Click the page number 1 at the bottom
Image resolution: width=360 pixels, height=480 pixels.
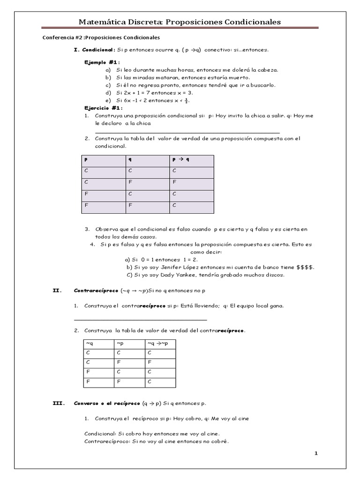(316, 453)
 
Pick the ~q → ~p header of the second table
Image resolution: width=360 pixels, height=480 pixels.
(157, 344)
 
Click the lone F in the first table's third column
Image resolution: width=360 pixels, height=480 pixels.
(174, 182)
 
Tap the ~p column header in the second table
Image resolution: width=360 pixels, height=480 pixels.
(120, 344)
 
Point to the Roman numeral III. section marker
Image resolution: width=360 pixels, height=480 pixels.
(58, 403)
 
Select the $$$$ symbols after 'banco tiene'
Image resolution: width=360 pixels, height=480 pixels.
(305, 267)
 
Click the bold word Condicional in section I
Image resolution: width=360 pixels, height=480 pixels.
(97, 50)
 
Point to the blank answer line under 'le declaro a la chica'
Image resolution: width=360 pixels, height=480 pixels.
(187, 133)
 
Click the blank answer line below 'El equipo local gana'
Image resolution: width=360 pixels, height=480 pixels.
(140, 320)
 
